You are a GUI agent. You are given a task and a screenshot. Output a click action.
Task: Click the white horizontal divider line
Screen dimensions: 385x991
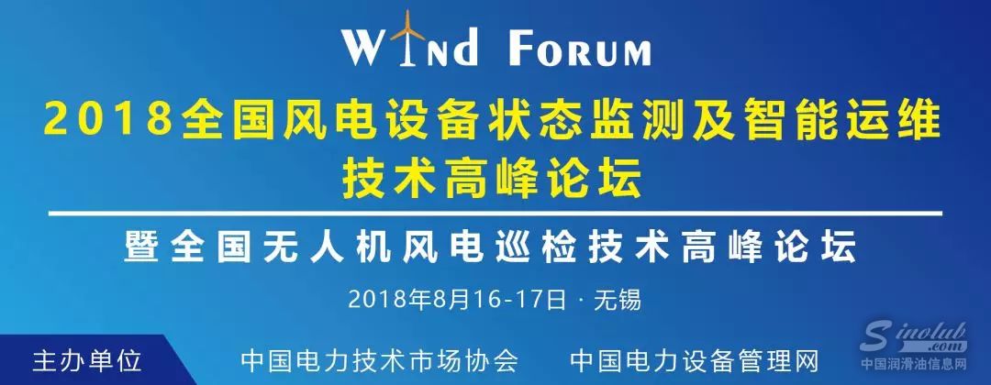[x=495, y=214]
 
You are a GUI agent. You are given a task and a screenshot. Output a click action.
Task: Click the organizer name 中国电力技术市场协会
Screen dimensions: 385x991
[x=379, y=357]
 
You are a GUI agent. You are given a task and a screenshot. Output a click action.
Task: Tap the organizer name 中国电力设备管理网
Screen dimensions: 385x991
[x=694, y=357]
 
